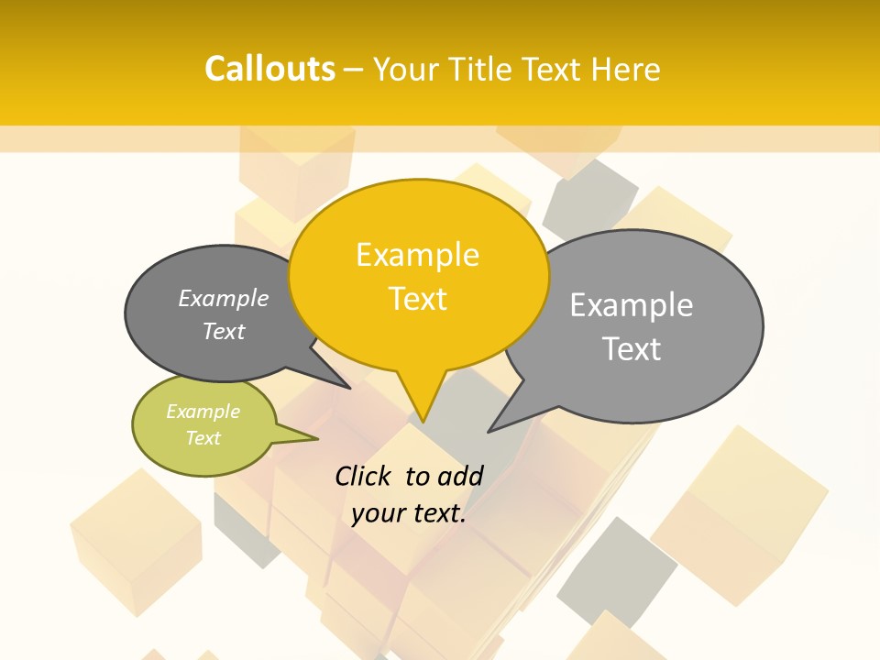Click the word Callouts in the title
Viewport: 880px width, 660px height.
(269, 69)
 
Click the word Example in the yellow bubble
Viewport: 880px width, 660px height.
(417, 255)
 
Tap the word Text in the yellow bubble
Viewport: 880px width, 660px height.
(418, 299)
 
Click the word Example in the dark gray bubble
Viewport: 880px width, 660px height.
(224, 298)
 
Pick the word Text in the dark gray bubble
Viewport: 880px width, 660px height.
(224, 331)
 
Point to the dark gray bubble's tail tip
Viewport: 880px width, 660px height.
(349, 388)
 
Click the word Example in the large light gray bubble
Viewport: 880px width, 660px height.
(632, 305)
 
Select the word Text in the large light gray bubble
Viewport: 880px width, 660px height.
(632, 349)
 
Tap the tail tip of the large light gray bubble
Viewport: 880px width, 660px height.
(489, 431)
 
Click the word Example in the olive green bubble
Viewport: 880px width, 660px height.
(203, 412)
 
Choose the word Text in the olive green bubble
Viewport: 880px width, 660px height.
(203, 438)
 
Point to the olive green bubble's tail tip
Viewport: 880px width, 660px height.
(317, 438)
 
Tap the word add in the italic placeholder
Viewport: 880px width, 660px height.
(460, 476)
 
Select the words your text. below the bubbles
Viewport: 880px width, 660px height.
(409, 513)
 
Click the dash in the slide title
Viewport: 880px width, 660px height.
(354, 70)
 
